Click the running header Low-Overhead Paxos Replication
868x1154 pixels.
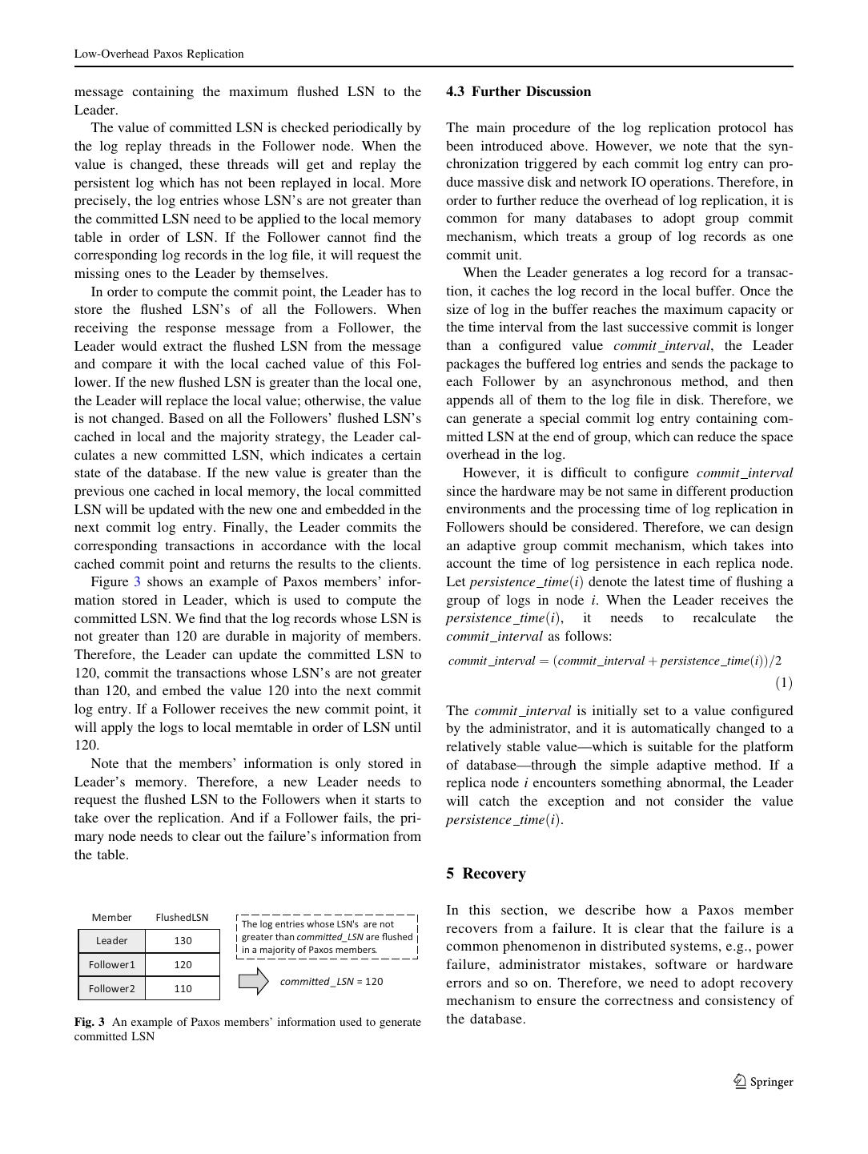pos(159,54)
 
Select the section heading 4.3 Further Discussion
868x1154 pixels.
pos(518,92)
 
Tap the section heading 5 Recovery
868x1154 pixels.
pos(485,874)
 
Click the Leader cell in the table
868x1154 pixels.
pos(111,941)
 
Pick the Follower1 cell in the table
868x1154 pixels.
pos(111,965)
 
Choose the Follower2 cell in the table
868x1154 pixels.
pos(111,989)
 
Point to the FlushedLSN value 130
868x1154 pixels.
pos(183,941)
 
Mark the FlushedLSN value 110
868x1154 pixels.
pos(183,989)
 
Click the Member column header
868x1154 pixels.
pos(111,918)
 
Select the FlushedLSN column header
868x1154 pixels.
pos(182,918)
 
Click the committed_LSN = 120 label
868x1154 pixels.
pos(331,982)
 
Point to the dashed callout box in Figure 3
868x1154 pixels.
pos(327,937)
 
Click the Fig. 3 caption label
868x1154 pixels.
pos(89,1023)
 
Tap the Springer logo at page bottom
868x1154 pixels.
pos(740,1082)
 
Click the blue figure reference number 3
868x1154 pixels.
pos(137,582)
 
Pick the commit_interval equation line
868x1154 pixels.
pos(614,661)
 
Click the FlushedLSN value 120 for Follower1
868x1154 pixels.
pos(183,965)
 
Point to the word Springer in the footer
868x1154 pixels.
pos(771,1083)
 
